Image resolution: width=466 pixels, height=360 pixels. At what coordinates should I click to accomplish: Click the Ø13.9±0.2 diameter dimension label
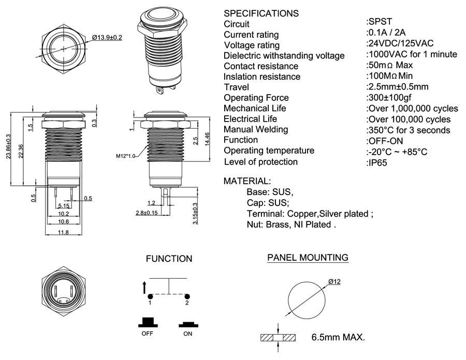[107, 38]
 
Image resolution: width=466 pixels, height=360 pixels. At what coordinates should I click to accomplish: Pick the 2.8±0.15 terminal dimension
[147, 213]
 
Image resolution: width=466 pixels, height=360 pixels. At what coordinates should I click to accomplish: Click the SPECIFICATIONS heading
[261, 13]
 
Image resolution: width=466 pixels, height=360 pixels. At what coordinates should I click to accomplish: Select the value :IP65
[377, 162]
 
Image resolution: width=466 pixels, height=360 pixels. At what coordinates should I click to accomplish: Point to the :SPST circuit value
[379, 22]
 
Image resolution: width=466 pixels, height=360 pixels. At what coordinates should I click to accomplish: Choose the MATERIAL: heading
[246, 182]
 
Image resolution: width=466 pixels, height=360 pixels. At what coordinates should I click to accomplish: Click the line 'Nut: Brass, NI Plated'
[292, 225]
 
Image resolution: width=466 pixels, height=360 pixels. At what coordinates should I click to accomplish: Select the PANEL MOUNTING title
[308, 258]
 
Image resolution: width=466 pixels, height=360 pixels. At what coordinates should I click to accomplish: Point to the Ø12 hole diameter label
[334, 281]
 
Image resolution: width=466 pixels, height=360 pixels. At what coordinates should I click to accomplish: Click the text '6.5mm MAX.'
[338, 338]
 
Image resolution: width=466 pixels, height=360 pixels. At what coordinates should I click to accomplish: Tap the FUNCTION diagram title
[169, 259]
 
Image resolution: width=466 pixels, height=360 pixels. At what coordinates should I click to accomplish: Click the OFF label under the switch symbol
[148, 334]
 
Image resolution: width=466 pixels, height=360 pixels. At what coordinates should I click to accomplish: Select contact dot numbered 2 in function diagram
[188, 296]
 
